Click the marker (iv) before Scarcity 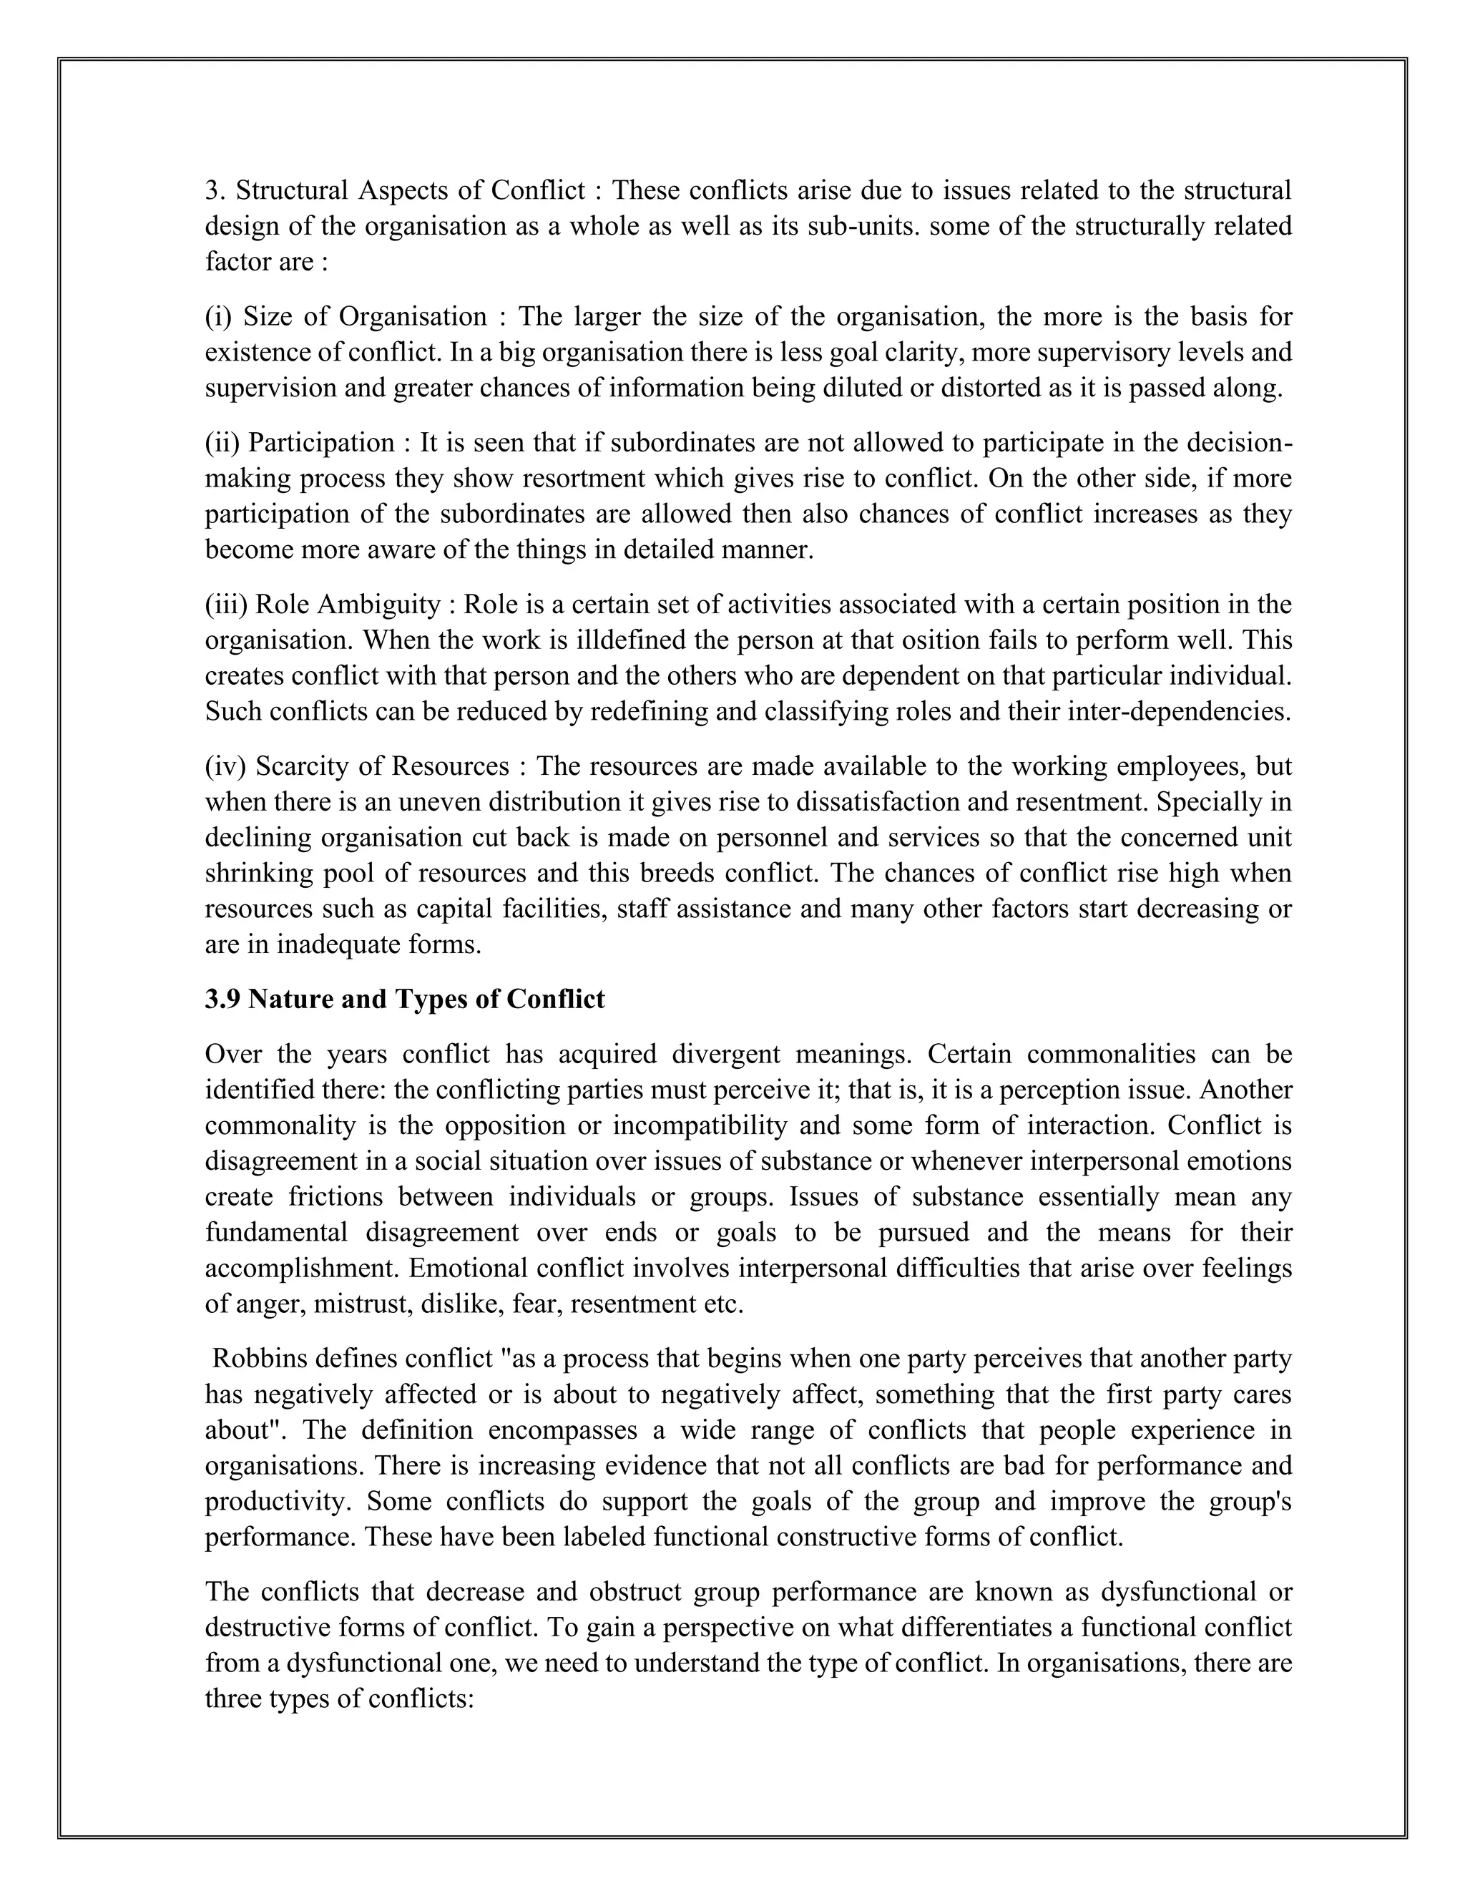pos(225,766)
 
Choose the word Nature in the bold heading pos(289,1000)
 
